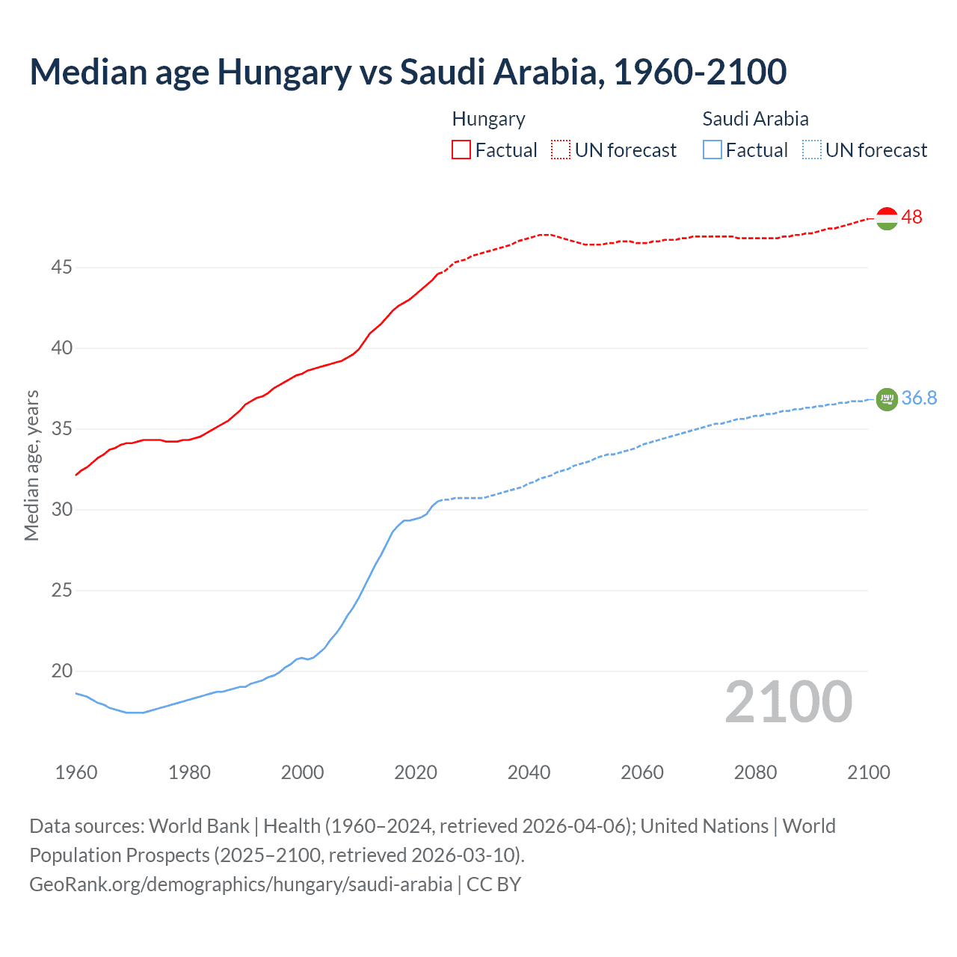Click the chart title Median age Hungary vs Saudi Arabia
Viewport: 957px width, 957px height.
tap(407, 72)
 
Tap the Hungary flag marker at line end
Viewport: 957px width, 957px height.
tap(886, 218)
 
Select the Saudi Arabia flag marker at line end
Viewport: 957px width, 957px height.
tap(886, 399)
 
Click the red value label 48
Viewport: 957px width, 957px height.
tap(911, 218)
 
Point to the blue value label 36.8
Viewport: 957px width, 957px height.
tap(919, 399)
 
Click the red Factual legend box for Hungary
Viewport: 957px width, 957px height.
tap(461, 150)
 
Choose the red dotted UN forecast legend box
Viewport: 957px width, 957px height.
tap(561, 150)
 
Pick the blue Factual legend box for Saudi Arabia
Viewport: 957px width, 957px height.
tap(713, 150)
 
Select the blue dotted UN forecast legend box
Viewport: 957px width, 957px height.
tap(811, 150)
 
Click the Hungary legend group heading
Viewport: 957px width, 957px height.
tap(488, 119)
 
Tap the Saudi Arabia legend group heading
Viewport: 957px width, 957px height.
tap(755, 119)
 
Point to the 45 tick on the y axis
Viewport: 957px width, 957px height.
tap(61, 267)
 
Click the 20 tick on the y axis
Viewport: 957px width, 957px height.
tap(61, 671)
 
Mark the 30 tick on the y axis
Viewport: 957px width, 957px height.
tap(61, 509)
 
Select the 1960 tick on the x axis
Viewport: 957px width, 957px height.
tap(76, 772)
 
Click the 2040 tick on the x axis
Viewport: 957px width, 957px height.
tap(529, 772)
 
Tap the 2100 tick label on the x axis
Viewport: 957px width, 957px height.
tap(868, 772)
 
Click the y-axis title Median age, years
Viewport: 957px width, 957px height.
tap(31, 465)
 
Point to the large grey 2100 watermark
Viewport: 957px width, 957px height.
tap(788, 701)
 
